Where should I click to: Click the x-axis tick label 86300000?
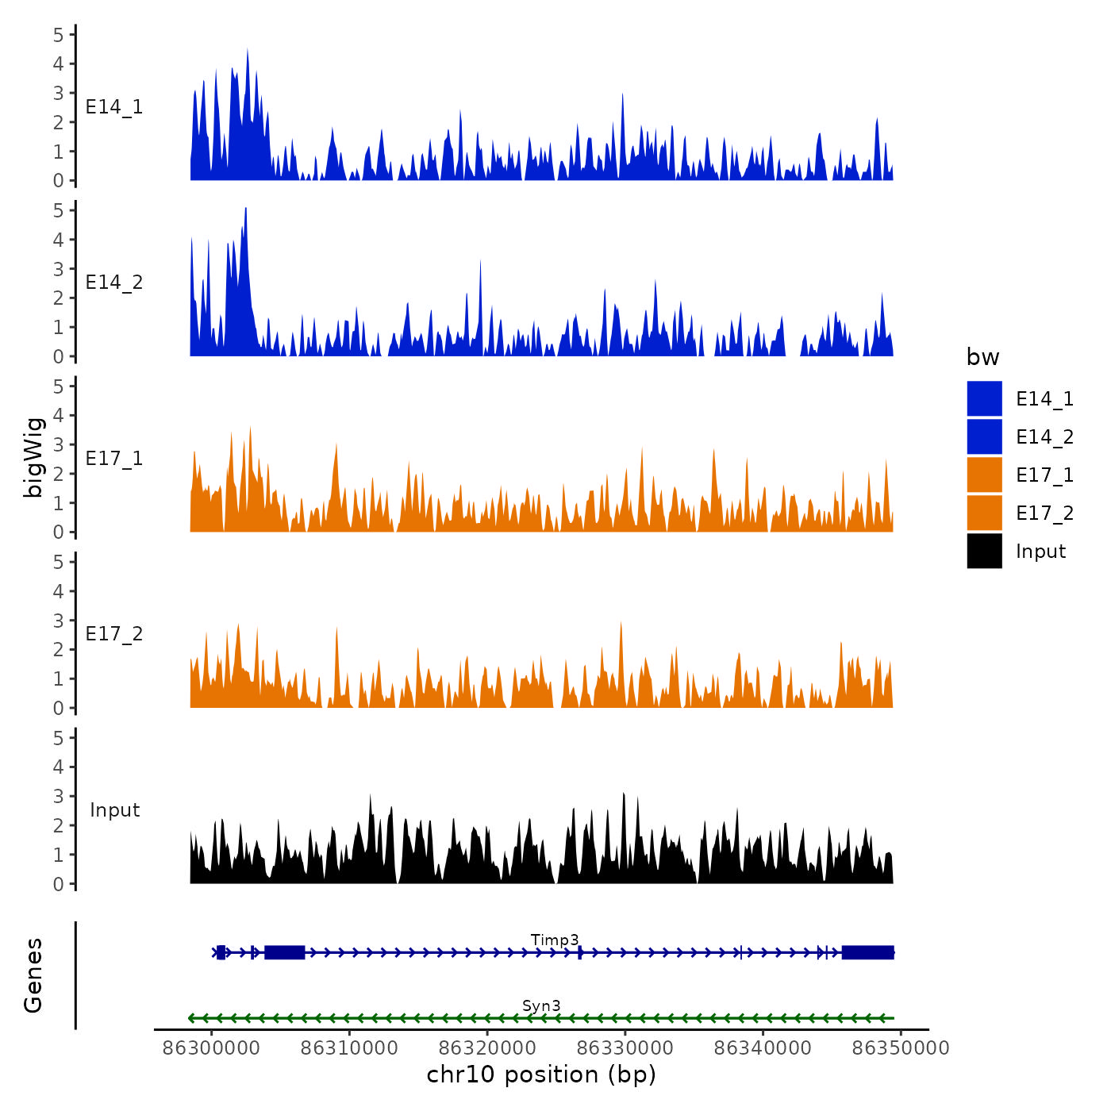pyautogui.click(x=211, y=1048)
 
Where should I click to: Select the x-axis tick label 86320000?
pyautogui.click(x=487, y=1048)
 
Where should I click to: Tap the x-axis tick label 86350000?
pyautogui.click(x=901, y=1048)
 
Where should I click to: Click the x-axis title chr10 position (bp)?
pyautogui.click(x=541, y=1074)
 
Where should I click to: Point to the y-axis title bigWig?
pyautogui.click(x=34, y=458)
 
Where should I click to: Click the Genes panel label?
pyautogui.click(x=33, y=975)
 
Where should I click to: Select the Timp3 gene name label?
pyautogui.click(x=555, y=940)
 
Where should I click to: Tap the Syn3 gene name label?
pyautogui.click(x=541, y=1005)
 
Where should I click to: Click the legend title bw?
pyautogui.click(x=982, y=357)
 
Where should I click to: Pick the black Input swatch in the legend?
pyautogui.click(x=984, y=551)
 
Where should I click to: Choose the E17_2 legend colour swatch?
pyautogui.click(x=984, y=513)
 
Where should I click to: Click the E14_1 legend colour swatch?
pyautogui.click(x=984, y=398)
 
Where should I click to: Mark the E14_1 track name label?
pyautogui.click(x=114, y=107)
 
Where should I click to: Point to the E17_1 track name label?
pyautogui.click(x=114, y=459)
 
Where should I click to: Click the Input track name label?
pyautogui.click(x=114, y=810)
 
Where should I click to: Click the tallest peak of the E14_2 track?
pyautogui.click(x=246, y=210)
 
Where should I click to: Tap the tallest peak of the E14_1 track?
pyautogui.click(x=248, y=51)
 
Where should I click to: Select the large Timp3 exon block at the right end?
pyautogui.click(x=867, y=952)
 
